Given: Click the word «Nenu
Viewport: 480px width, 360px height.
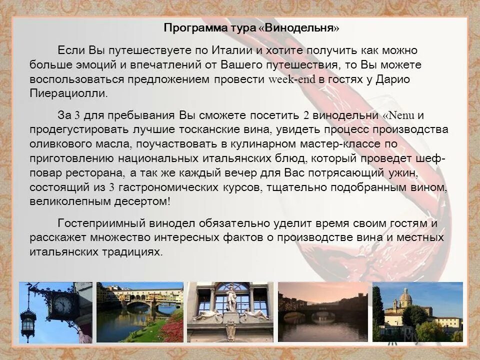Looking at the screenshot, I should pyautogui.click(x=398, y=115).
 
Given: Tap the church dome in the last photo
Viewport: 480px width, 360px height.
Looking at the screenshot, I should pyautogui.click(x=405, y=298).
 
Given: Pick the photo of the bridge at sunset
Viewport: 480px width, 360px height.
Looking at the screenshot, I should pyautogui.click(x=323, y=312).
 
